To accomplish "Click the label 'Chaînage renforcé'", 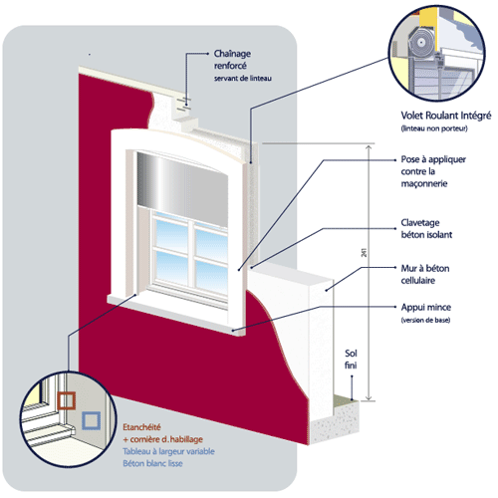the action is (x=232, y=60).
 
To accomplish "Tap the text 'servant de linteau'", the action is (x=243, y=79).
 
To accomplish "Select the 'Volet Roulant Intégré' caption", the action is (x=446, y=116).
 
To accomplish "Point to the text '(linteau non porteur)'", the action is (x=434, y=128).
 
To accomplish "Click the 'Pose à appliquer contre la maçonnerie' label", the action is (x=433, y=171).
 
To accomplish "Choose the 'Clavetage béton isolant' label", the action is (x=426, y=229).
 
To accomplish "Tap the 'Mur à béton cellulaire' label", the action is (x=425, y=274).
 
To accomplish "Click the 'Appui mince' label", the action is (x=426, y=307).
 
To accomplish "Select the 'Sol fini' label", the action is (x=351, y=360).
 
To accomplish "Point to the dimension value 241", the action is (x=364, y=253).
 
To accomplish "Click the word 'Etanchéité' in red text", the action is (x=141, y=427).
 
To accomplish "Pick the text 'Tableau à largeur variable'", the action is (x=168, y=451).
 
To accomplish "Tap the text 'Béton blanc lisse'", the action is (x=152, y=463).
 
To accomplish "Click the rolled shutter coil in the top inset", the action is (x=421, y=43).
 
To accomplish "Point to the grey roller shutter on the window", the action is (x=182, y=189).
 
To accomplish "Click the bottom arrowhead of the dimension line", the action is (x=369, y=397).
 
